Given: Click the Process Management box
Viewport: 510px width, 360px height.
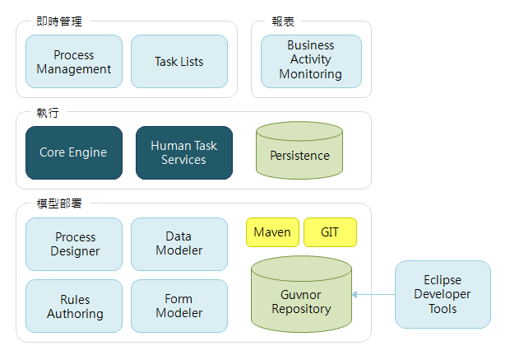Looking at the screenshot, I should pos(74,62).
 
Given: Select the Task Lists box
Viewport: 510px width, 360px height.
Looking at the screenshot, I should pos(179,62).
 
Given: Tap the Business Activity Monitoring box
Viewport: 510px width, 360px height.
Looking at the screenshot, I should pos(311,61).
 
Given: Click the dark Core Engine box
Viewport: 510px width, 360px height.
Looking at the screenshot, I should pos(74,152).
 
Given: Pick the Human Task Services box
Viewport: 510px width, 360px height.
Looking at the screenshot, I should pos(184,152).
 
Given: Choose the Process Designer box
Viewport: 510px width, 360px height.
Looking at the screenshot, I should pos(74,244).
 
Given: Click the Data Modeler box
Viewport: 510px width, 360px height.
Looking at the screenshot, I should pos(179,244).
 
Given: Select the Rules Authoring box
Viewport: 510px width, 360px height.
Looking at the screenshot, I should pos(74,306).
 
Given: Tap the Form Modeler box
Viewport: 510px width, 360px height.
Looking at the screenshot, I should pos(179,306).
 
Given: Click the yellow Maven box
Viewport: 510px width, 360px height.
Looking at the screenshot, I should pos(272,232).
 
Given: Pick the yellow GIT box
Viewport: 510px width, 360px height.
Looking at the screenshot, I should pos(330,232).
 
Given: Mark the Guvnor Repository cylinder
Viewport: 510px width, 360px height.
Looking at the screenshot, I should pos(301,302).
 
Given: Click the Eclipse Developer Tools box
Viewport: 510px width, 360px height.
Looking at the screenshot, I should pos(443,294).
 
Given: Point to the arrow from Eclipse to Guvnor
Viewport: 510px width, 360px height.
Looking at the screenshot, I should pos(373,294).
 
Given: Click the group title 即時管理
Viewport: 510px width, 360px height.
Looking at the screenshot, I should pos(59,21).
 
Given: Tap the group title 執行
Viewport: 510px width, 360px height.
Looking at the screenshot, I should pos(48,112).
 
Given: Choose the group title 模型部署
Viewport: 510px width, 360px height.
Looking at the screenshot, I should pos(59,203).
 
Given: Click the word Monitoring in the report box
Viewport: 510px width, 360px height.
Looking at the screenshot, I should pos(311,74).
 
